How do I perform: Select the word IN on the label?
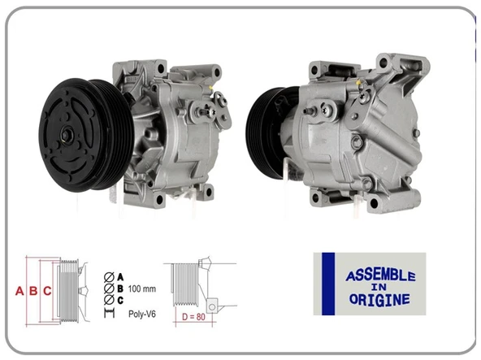tap(379, 288)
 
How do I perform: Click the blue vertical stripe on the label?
tap(328, 284)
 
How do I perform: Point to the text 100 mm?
tap(142, 288)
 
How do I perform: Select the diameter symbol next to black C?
tap(108, 300)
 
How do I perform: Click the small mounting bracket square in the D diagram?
tap(211, 305)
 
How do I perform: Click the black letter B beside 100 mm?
tap(120, 288)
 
